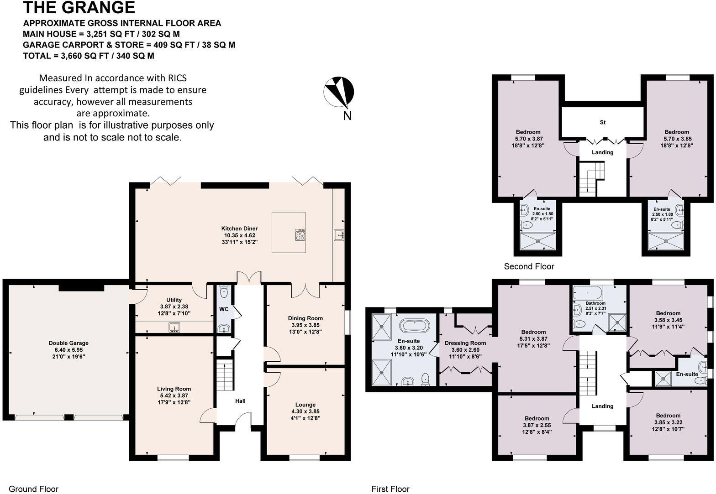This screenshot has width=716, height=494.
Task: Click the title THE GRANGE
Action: (79, 8)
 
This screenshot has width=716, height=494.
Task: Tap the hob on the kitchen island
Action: (300, 235)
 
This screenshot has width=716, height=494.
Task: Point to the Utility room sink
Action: (174, 327)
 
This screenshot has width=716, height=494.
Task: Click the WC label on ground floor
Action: (224, 309)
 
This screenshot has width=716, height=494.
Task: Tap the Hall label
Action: (240, 401)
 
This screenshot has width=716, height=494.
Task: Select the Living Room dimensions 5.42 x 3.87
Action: (174, 395)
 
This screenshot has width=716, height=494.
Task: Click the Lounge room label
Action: (305, 405)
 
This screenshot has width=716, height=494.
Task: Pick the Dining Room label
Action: (305, 318)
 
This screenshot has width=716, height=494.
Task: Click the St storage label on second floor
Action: (602, 122)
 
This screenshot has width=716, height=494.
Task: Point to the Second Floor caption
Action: (529, 266)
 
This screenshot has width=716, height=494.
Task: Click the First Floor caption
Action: (390, 489)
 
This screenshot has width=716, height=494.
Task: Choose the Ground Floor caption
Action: (34, 489)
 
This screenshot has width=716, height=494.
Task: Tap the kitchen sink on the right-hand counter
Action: (338, 234)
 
